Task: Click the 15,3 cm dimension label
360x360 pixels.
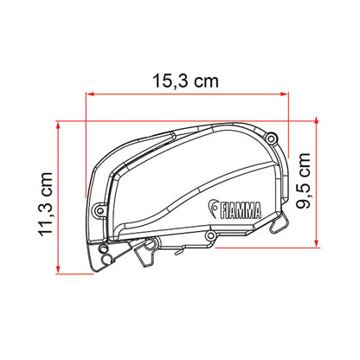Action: (185, 81)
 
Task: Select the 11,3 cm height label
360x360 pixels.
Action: (46, 204)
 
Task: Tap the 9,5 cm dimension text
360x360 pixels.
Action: (303, 181)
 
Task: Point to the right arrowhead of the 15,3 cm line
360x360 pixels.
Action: (284, 93)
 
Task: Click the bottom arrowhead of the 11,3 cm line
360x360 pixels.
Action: (58, 269)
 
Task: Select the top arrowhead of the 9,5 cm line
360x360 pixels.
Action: (317, 121)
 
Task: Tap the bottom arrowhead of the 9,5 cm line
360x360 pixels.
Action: (317, 243)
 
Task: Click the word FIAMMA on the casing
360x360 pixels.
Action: (241, 210)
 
